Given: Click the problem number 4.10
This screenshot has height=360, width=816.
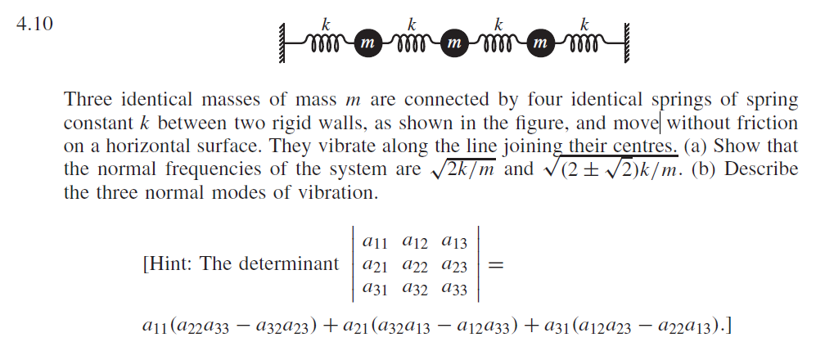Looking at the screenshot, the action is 35,24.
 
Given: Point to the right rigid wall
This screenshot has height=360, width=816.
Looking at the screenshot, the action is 627,38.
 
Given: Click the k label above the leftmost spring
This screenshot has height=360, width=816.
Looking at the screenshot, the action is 326,24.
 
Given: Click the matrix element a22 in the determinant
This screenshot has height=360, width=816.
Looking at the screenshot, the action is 417,264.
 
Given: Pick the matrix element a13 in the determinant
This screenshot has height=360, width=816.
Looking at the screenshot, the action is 455,242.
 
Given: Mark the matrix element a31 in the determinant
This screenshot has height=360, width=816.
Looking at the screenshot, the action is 376,287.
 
